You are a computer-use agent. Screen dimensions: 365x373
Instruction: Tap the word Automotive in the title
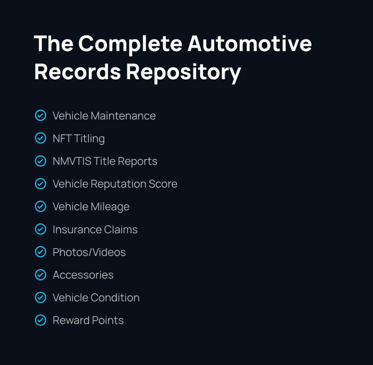[x=250, y=43]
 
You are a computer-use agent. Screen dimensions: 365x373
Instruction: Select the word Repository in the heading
[x=183, y=72]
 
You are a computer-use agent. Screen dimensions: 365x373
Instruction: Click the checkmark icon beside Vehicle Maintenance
[x=40, y=116]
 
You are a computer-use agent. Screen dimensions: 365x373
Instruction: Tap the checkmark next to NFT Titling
[x=40, y=138]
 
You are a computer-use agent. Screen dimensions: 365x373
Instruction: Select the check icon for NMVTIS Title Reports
[x=40, y=161]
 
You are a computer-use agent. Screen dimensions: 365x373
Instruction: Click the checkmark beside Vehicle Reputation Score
[x=40, y=184]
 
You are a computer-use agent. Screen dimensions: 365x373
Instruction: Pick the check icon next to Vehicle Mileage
[x=40, y=206]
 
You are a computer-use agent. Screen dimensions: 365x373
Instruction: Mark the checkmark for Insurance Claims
[x=40, y=229]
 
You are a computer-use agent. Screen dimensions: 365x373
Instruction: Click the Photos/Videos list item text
[x=89, y=252]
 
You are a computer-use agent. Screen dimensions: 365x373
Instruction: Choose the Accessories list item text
[x=83, y=275]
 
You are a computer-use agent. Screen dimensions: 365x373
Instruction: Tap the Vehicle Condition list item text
[x=96, y=297]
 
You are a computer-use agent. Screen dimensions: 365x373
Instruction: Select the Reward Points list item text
[x=88, y=320]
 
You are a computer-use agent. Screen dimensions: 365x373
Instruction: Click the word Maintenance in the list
[x=123, y=116]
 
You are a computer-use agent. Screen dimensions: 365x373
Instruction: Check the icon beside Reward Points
[x=40, y=320]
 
